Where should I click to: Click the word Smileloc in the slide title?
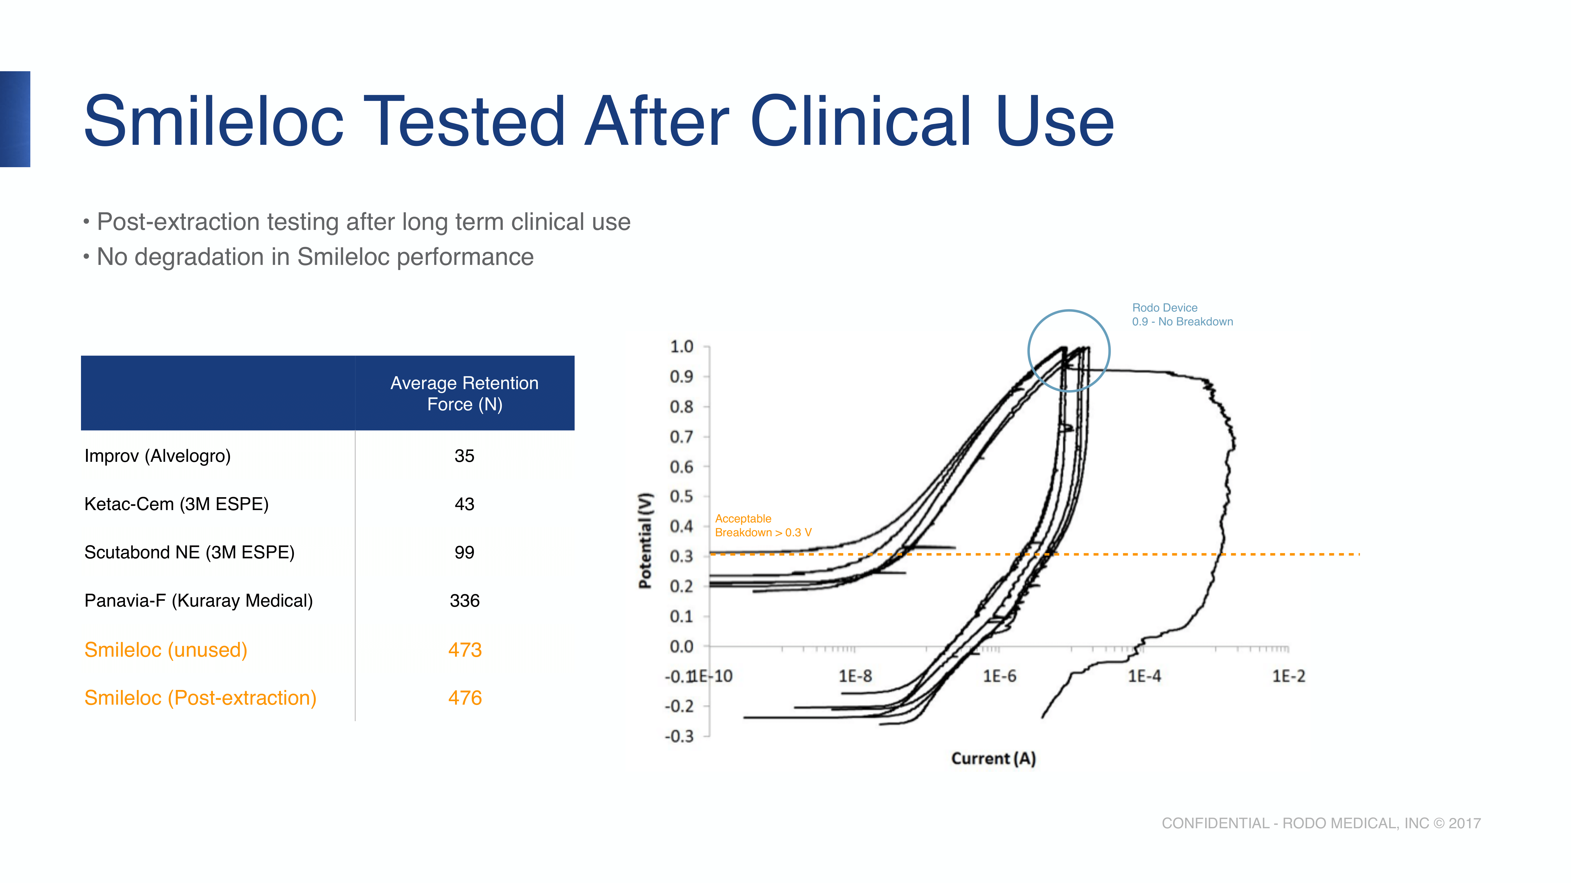tap(214, 122)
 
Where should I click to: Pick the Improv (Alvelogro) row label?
tap(157, 456)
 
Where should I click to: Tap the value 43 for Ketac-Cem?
tap(464, 504)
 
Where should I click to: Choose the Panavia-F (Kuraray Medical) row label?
tap(198, 601)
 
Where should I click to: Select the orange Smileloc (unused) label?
tap(165, 650)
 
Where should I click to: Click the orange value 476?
tap(465, 698)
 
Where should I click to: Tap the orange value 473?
tap(465, 650)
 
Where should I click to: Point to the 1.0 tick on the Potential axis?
tap(682, 347)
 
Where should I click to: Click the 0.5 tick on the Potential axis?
tap(682, 497)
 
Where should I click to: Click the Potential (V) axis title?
tap(645, 540)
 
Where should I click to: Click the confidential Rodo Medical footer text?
tap(1321, 823)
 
